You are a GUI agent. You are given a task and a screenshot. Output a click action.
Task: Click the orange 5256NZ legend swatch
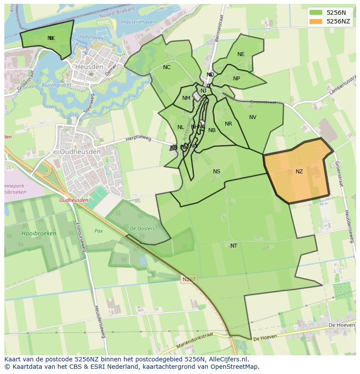[316, 21]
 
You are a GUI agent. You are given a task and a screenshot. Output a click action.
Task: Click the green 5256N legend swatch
[316, 13]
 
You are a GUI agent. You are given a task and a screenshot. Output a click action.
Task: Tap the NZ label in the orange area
[299, 172]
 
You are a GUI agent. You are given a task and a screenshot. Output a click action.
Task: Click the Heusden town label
[89, 67]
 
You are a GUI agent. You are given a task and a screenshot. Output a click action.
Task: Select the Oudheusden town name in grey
[80, 152]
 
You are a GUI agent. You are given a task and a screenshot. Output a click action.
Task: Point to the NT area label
[234, 246]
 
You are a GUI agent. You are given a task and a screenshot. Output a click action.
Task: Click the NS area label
[217, 172]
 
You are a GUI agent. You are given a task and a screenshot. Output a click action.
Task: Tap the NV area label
[253, 117]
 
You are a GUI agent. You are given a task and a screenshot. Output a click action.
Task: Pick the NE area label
[241, 54]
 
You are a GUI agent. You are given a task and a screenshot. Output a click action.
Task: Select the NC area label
[167, 67]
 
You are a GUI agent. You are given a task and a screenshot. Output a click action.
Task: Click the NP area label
[237, 79]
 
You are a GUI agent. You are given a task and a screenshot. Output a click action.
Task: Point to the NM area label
[186, 98]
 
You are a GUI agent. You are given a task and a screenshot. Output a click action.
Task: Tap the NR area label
[228, 124]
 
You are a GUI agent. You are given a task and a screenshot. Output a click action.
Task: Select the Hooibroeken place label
[39, 233]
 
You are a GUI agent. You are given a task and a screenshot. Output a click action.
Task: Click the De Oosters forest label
[142, 228]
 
